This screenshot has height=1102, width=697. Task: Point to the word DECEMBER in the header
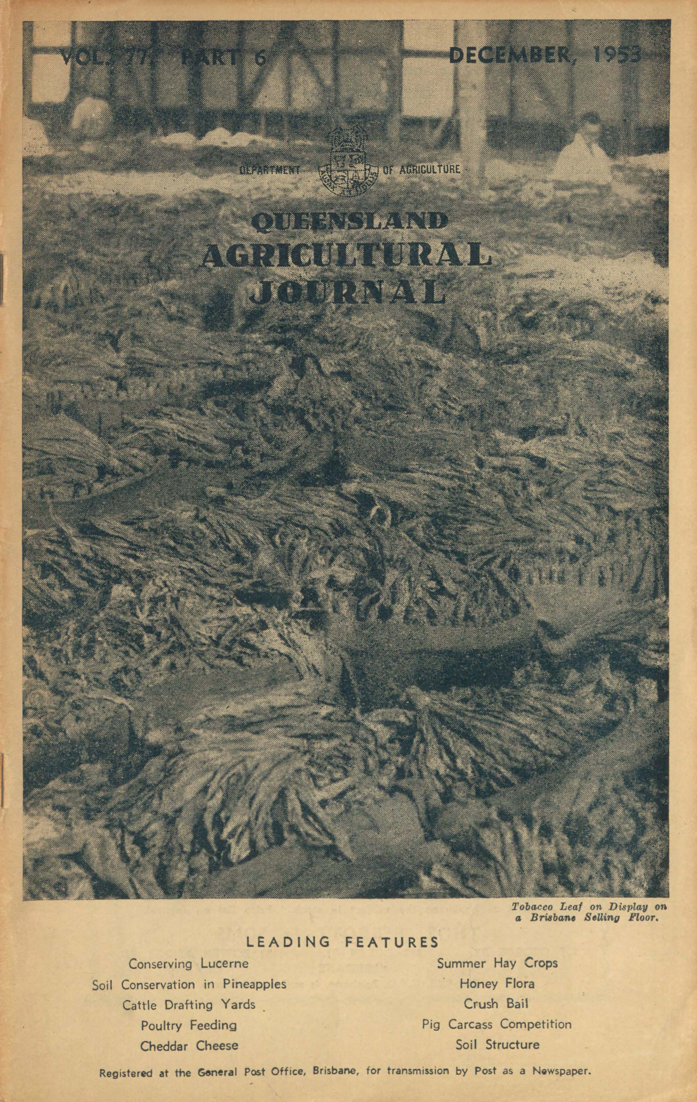(510, 55)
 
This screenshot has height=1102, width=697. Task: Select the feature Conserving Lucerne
(188, 963)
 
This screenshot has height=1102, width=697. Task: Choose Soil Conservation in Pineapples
(189, 984)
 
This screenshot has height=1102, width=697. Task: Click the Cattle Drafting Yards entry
(189, 1005)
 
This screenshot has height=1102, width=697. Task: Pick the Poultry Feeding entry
(189, 1025)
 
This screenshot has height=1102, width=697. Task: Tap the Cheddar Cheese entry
(189, 1046)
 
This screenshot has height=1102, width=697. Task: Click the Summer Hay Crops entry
(497, 963)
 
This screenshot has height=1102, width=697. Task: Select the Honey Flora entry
(497, 984)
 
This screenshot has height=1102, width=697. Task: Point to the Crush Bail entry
(496, 1004)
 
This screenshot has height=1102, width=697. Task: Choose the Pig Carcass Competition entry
(497, 1024)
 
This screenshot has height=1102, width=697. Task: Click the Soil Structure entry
(497, 1044)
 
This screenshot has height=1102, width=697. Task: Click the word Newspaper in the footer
(562, 1072)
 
